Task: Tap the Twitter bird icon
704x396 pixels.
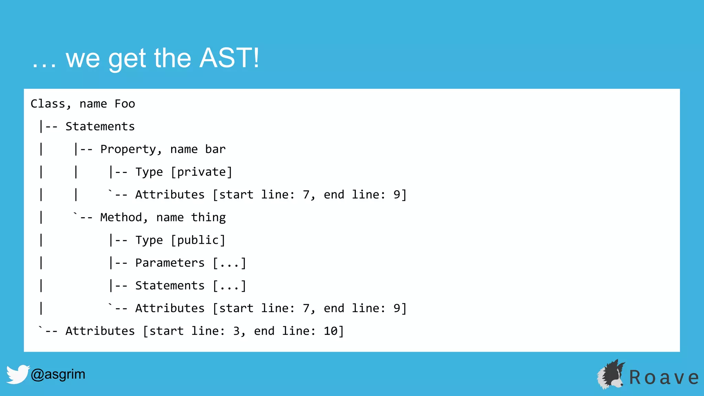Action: point(18,374)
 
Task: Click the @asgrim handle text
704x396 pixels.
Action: point(58,374)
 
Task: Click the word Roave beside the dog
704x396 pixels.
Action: point(664,377)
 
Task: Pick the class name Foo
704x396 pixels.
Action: point(125,104)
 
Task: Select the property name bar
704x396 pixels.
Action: point(215,149)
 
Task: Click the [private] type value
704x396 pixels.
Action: point(201,172)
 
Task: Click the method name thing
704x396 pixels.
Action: point(208,217)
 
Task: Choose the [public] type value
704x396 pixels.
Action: point(198,240)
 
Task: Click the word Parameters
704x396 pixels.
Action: point(170,263)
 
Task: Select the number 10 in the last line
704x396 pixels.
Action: point(331,331)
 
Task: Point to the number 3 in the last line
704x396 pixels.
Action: point(237,331)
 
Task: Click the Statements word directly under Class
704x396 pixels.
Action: point(100,126)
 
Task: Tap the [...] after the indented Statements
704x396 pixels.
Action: point(229,286)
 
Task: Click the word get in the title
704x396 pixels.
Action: point(127,58)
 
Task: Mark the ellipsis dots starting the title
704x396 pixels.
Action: point(44,65)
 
